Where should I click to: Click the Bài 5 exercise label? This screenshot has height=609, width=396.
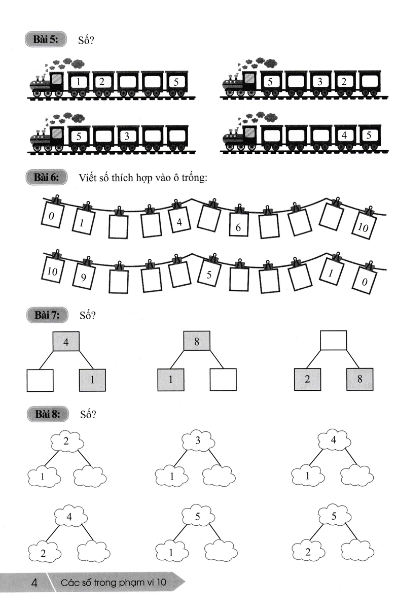pos(45,39)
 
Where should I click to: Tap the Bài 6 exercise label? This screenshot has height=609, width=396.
pos(46,177)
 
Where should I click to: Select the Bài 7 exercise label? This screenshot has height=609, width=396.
pos(46,315)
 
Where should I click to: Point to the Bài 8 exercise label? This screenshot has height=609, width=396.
pos(46,414)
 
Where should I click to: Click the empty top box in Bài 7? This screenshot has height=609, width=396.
pos(334,341)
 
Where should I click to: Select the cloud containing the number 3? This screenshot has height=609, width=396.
pos(198,441)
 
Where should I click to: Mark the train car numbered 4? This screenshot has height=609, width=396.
pos(344,136)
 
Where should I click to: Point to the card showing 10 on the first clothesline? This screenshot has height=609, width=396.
pos(363,226)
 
